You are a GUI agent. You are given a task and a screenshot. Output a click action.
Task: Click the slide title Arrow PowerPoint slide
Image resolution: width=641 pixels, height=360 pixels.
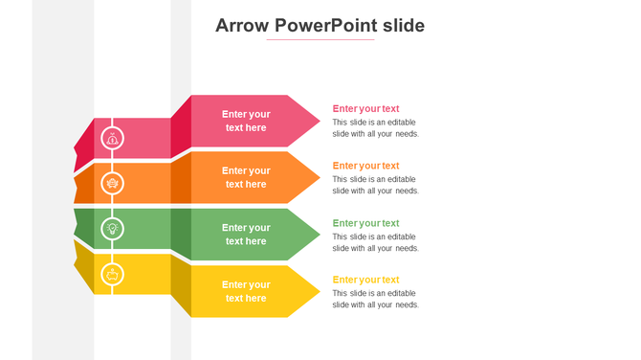[x=320, y=26]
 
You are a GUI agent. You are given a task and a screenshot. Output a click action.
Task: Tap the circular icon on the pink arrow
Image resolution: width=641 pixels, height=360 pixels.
[x=112, y=138]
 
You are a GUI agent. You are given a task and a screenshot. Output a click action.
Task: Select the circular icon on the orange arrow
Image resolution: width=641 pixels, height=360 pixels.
[x=112, y=183]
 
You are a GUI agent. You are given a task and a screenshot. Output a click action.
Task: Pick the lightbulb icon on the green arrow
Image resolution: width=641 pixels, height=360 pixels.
[x=112, y=228]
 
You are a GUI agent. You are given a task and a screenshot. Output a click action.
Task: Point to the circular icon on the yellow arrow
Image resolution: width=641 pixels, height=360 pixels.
[x=112, y=275]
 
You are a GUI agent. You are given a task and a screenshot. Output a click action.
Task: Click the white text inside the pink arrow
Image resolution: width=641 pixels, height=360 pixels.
[x=246, y=121]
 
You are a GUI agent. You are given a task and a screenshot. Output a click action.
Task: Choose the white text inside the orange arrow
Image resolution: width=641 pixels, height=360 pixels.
[x=246, y=177]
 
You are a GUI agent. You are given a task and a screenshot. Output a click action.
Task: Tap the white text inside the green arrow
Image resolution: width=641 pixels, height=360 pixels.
[x=246, y=235]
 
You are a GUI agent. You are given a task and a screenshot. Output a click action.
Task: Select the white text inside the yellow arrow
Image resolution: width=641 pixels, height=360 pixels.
[x=246, y=291]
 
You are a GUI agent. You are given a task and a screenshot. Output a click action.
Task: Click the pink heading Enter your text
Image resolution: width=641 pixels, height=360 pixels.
[x=365, y=109]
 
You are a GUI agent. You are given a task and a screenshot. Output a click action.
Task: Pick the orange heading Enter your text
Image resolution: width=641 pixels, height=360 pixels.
[x=365, y=166]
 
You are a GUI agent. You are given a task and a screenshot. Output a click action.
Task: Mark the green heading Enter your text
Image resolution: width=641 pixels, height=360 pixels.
[x=365, y=223]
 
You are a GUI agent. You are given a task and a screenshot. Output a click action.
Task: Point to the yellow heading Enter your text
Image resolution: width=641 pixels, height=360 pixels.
[x=365, y=280]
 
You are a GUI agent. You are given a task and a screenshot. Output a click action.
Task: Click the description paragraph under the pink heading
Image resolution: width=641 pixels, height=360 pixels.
[x=375, y=128]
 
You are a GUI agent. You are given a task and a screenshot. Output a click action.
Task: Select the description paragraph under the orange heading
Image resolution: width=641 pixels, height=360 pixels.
[x=375, y=185]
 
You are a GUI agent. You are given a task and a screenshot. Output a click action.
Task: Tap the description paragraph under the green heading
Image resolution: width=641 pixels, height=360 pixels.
[x=375, y=242]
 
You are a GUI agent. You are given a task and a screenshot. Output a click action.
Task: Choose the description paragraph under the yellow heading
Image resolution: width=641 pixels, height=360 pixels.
[x=375, y=299]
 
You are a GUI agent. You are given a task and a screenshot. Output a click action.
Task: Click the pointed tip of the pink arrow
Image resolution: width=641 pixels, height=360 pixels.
[x=316, y=121]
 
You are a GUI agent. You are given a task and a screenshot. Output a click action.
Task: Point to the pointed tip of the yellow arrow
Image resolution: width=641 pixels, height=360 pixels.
[x=316, y=291]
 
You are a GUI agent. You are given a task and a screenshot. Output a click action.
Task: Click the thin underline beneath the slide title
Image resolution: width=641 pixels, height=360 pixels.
[x=320, y=40]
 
